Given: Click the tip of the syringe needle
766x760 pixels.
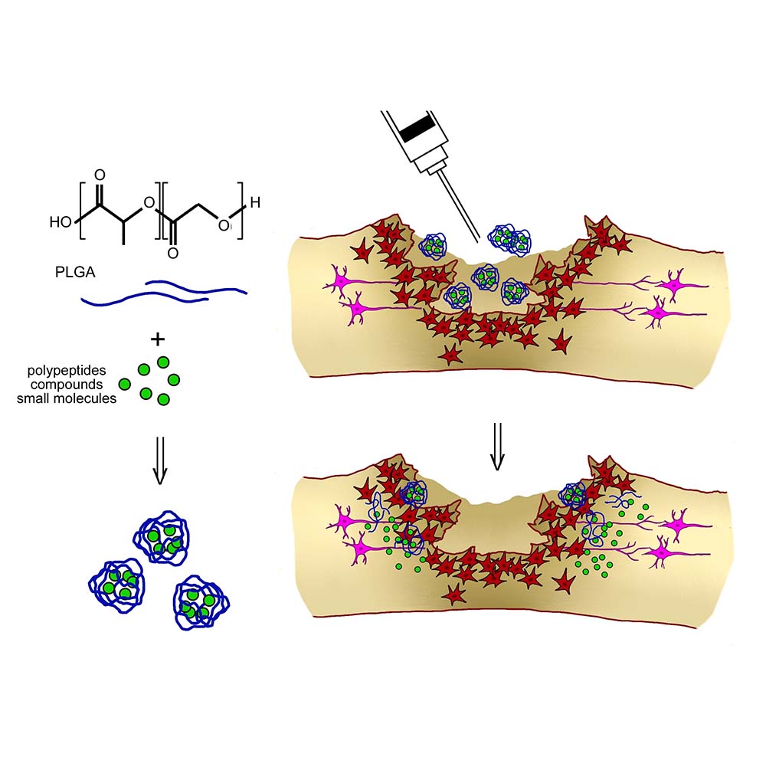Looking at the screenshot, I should pos(480,234).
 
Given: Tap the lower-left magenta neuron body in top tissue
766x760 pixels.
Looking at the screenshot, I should pos(356,310).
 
